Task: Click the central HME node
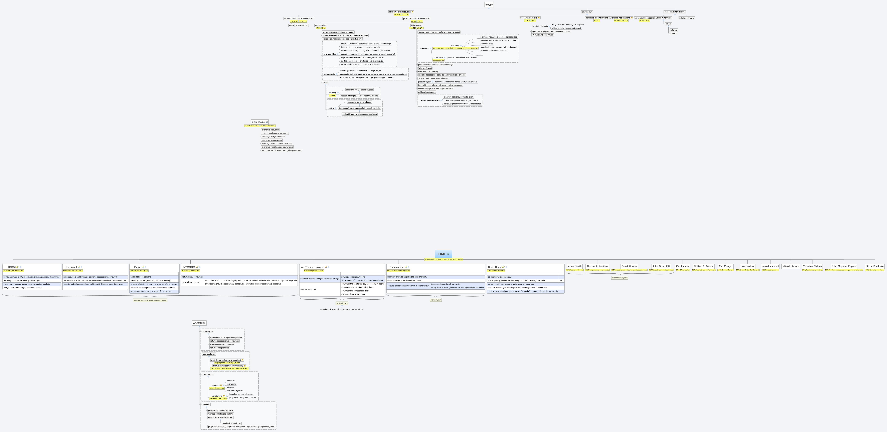pos(443,254)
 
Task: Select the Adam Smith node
pos(575,266)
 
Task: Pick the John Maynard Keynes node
pos(844,266)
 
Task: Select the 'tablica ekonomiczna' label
pos(429,100)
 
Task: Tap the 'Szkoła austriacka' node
pos(687,18)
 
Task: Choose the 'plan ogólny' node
pos(259,122)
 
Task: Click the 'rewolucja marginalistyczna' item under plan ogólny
pos(273,137)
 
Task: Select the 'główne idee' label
pos(330,54)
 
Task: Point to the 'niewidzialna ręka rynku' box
pos(543,35)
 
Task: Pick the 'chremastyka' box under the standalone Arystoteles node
pos(208,374)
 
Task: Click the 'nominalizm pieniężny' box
pos(231,423)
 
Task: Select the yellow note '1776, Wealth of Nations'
pos(575,270)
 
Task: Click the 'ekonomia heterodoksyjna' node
pos(675,12)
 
